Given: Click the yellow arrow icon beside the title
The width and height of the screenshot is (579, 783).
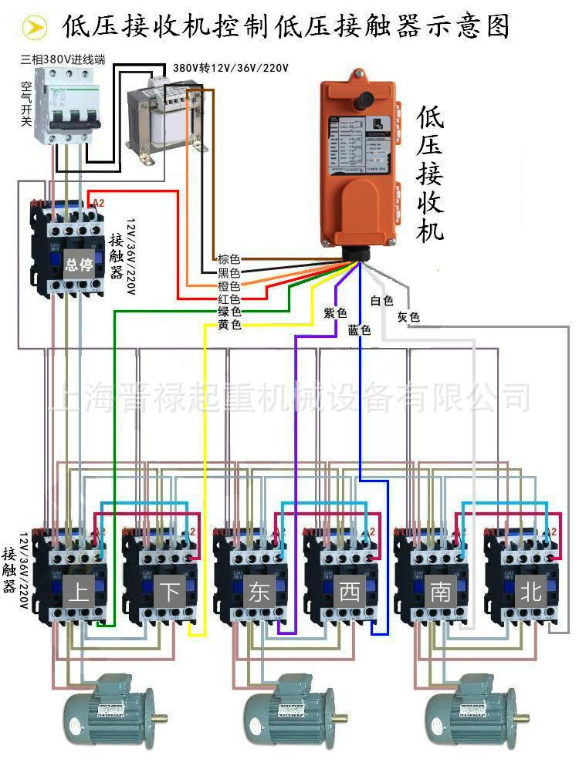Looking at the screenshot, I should point(33,29).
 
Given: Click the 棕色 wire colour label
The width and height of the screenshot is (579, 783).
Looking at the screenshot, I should point(229,259).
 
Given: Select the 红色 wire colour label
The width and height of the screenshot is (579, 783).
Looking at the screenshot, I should point(229,299).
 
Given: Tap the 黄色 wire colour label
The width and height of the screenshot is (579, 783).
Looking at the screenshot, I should point(229,325).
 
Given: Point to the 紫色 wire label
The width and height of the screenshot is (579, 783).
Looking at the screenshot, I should point(335,312).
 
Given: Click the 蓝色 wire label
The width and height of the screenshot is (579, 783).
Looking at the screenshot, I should point(359,329).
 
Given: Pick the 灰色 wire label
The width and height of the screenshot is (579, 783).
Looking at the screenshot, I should point(408,317).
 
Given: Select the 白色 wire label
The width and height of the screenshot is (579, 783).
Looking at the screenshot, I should point(382,301).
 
